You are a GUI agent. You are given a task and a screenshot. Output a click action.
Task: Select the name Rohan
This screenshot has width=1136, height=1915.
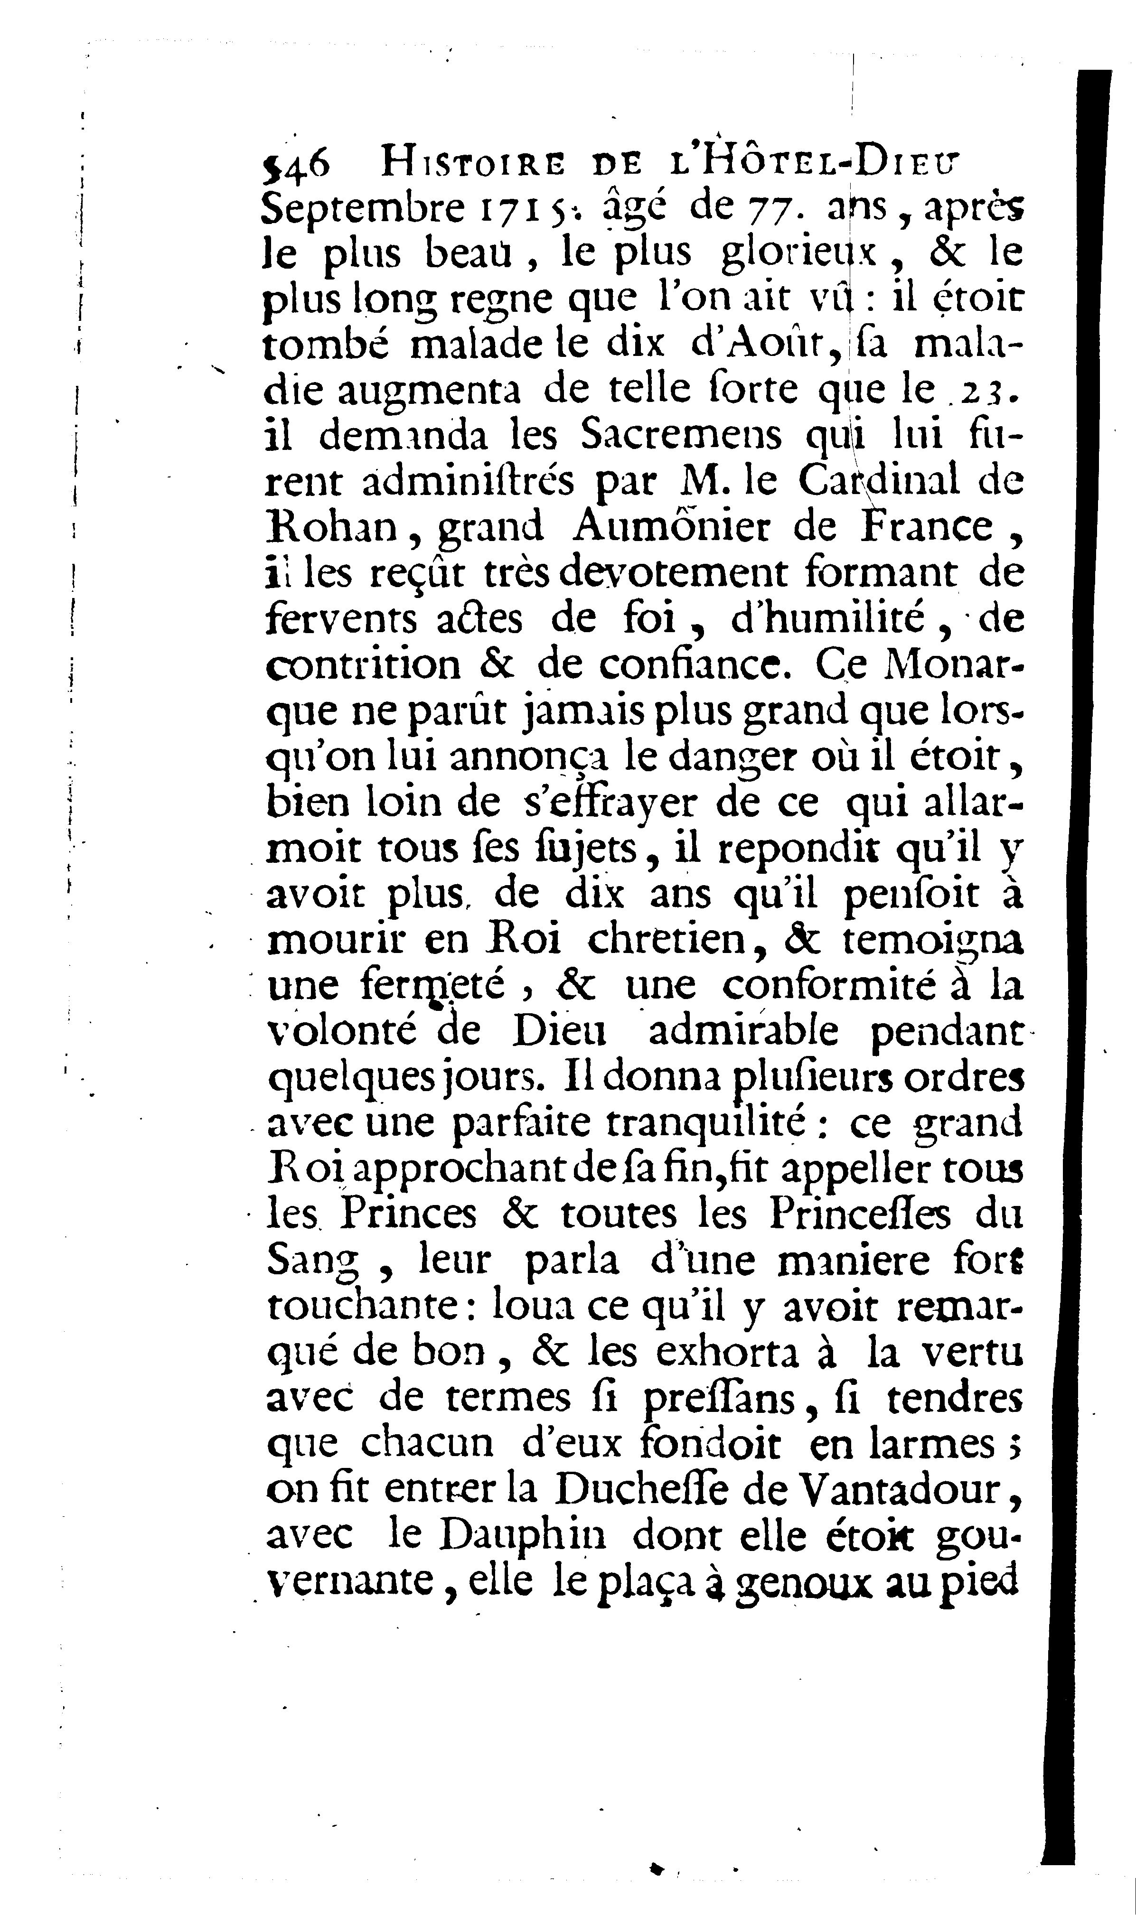pos(335,528)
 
